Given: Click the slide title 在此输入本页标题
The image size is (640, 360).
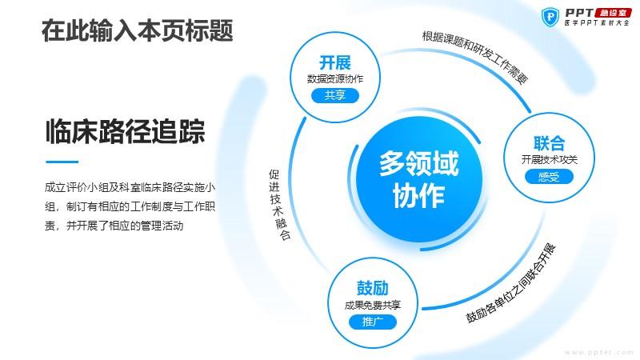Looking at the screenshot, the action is tap(137, 30).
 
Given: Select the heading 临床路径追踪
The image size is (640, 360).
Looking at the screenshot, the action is tap(125, 131).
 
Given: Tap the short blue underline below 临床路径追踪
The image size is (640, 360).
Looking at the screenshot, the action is tap(62, 162).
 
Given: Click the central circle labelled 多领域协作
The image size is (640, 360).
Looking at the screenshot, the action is tap(418, 178).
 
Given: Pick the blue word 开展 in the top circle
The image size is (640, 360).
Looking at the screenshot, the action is tap(335, 63).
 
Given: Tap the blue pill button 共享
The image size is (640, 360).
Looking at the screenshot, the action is tap(335, 95).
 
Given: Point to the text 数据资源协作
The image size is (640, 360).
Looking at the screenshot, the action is tap(335, 78).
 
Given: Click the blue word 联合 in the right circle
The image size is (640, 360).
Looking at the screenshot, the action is tap(549, 143).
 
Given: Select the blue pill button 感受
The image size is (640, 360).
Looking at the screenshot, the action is tap(549, 177).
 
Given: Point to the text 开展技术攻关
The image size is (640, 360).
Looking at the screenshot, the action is tap(549, 159).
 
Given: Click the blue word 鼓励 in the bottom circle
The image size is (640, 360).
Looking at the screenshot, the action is tap(372, 288).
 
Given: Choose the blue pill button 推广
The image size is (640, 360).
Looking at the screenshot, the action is tap(372, 322).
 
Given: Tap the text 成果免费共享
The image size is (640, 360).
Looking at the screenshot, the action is tap(372, 305).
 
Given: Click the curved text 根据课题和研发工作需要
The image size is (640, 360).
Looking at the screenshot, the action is tap(476, 55).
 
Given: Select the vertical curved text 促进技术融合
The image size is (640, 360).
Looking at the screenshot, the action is tap(279, 205).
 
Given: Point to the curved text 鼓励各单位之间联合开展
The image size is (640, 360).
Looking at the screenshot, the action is tap(511, 284).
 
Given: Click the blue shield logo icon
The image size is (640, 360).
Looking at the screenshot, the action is tap(550, 17).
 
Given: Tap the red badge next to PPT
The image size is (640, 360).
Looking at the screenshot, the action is tap(613, 13).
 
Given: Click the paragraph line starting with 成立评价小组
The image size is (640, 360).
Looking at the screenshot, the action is tap(130, 187).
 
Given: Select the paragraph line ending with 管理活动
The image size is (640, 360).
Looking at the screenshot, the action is tap(114, 226).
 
